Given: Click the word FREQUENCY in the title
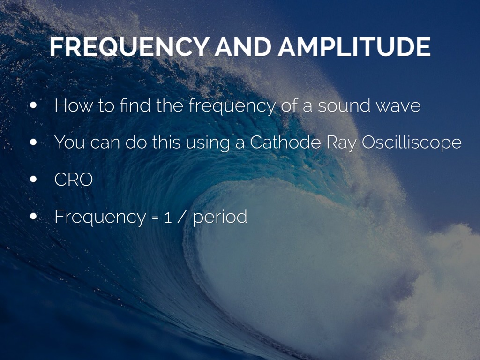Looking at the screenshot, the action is [129, 47].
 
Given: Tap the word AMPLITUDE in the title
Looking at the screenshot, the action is [354, 47].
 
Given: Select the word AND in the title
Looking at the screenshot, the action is [243, 47].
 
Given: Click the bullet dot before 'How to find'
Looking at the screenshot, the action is [33, 105].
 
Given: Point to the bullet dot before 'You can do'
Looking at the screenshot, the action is [33, 142].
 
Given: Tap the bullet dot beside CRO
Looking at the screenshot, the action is [33, 179].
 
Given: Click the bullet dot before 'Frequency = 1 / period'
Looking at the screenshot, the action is [33, 216].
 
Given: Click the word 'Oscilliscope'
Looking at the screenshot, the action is [412, 143].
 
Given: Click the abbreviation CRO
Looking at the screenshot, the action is [74, 180].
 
